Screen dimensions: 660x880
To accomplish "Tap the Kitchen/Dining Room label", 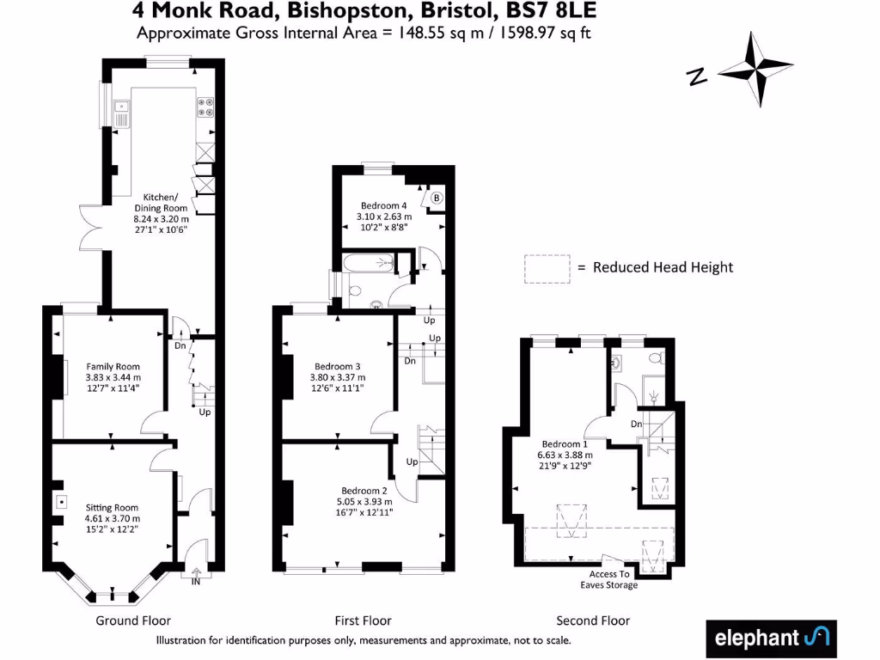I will point(160,213).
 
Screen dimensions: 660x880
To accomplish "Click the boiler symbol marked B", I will point(436,199).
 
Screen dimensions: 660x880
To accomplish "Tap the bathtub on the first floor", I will point(369,263).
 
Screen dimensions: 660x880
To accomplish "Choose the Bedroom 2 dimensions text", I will point(365,507).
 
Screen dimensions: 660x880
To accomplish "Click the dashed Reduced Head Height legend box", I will point(547,267).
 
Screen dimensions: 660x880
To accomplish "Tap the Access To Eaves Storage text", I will point(614,579).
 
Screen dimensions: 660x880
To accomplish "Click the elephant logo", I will point(770,638).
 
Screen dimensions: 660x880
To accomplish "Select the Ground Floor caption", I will point(132,620).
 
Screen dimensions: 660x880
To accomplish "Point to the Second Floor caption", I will point(593,620).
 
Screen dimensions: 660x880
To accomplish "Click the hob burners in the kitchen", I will point(206,107).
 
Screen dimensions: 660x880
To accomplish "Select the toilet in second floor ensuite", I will point(655,358).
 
